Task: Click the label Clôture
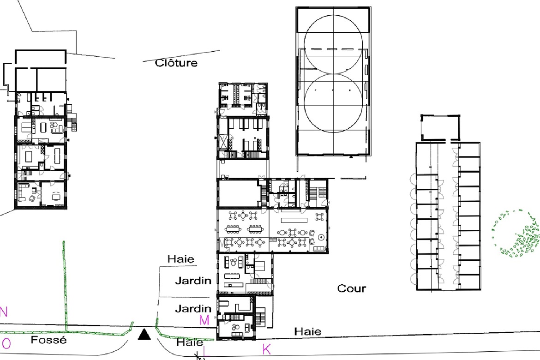[x=176, y=63]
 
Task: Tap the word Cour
[x=351, y=288]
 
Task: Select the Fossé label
[x=48, y=340]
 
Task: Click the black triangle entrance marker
[x=144, y=335]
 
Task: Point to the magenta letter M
[x=204, y=320]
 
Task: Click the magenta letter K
[x=267, y=349]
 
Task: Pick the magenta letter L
[x=206, y=352]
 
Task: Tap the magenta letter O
[x=6, y=343]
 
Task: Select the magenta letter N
[x=3, y=312]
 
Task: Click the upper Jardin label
[x=193, y=281]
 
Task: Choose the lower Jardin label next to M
[x=193, y=308]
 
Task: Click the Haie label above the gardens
[x=181, y=259]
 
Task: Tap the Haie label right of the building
[x=308, y=331]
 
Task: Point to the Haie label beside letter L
[x=190, y=342]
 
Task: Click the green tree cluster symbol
[x=516, y=234]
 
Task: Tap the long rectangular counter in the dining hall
[x=294, y=220]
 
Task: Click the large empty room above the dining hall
[x=239, y=193]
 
